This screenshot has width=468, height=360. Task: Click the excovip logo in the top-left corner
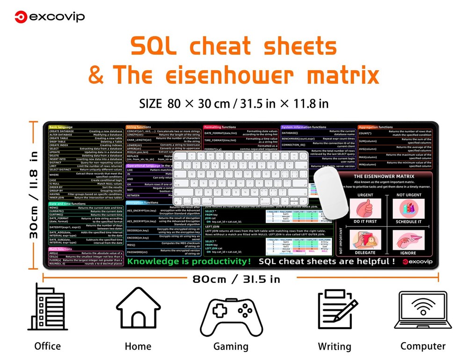coord(50,17)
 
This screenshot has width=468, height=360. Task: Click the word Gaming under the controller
coord(231,346)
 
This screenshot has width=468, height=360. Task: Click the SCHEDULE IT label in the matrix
coord(409,221)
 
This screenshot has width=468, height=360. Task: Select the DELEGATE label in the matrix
coord(366,253)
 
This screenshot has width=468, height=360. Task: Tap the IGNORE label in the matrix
coord(408,253)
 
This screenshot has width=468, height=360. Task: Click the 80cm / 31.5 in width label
coord(236,279)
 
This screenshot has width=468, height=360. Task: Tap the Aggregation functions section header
coord(376,127)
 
